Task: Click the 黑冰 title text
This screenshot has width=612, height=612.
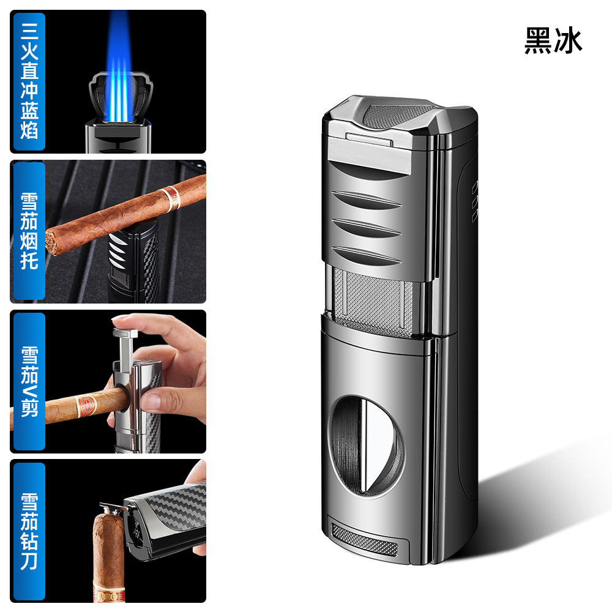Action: coord(553,40)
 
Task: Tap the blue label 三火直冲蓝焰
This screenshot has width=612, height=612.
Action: coord(29,81)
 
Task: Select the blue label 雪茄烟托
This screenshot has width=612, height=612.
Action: coord(29,231)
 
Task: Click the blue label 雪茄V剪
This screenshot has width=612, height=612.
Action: coord(29,381)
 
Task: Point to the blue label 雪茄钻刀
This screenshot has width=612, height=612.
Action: coord(29,531)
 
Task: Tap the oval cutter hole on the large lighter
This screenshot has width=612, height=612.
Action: coord(366,447)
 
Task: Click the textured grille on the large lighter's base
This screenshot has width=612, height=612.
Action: coord(365,539)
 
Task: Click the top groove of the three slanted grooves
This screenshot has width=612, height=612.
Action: coord(366,200)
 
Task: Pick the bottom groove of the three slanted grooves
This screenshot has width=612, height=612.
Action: coord(366,255)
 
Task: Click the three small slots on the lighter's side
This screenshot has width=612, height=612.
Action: coord(475,201)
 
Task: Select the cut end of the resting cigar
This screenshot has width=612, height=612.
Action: coord(51,242)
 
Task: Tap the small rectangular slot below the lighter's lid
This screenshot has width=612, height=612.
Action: coord(369,139)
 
